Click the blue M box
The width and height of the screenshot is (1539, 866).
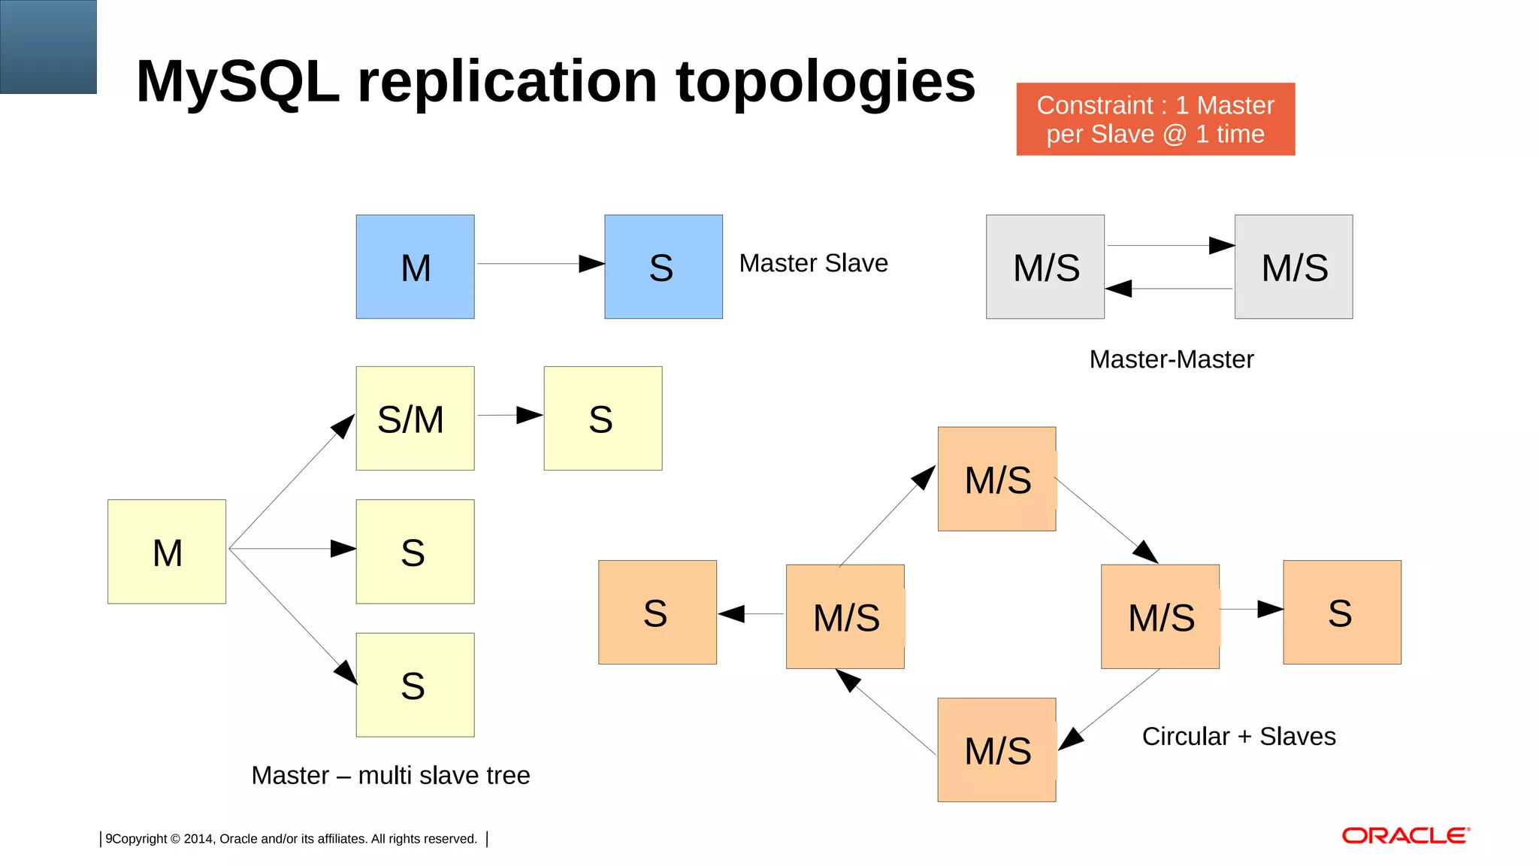415,267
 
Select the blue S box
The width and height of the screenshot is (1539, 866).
663,267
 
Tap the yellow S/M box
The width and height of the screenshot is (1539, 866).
415,419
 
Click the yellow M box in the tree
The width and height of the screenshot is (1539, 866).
167,552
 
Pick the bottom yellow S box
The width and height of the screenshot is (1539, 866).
415,685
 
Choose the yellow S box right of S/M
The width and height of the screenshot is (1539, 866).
603,419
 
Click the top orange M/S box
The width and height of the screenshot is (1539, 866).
996,479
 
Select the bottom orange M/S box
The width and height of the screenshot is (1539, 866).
996,750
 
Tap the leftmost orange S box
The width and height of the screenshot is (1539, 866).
657,612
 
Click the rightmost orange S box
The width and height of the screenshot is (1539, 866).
1342,612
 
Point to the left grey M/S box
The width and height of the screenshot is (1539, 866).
1045,267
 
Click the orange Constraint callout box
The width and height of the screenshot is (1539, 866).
1155,120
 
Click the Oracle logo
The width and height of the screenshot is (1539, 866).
1405,836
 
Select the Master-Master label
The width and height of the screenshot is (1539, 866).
1171,359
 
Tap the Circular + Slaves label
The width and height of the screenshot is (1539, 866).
1238,736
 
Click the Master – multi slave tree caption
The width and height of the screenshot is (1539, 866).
390,775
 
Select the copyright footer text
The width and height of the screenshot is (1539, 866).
292,839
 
